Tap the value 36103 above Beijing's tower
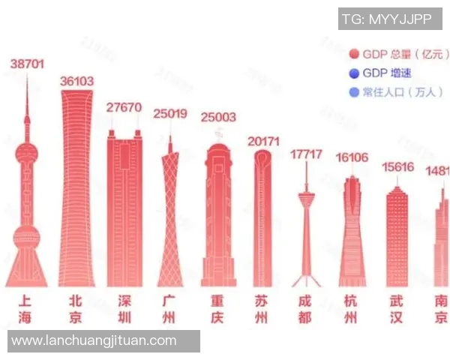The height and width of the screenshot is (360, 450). (76, 81)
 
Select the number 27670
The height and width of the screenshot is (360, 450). (124, 107)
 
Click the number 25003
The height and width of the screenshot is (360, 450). (217, 117)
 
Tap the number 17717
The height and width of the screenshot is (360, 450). (306, 154)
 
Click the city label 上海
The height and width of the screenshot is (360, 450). (25, 308)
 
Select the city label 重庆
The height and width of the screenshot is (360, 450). (217, 308)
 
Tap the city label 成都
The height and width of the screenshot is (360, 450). (306, 308)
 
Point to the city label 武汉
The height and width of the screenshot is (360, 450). (397, 308)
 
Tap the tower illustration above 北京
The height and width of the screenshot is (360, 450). (76, 187)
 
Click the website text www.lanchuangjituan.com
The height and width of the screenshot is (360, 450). (94, 340)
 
